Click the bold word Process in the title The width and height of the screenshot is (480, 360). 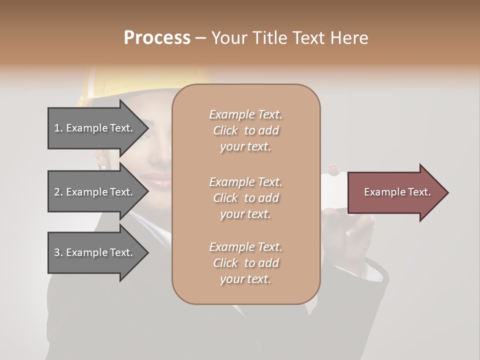(157, 38)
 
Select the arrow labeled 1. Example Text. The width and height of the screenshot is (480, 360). (93, 128)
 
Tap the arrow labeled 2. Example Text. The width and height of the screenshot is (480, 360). (93, 192)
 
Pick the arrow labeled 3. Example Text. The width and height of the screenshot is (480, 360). (93, 252)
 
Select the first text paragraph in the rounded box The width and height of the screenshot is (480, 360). (245, 130)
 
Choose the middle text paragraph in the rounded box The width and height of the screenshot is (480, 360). (245, 198)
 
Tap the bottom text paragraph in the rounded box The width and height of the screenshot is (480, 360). (245, 263)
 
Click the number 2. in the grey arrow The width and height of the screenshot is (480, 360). (58, 192)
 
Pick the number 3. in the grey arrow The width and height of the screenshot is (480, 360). (58, 252)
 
